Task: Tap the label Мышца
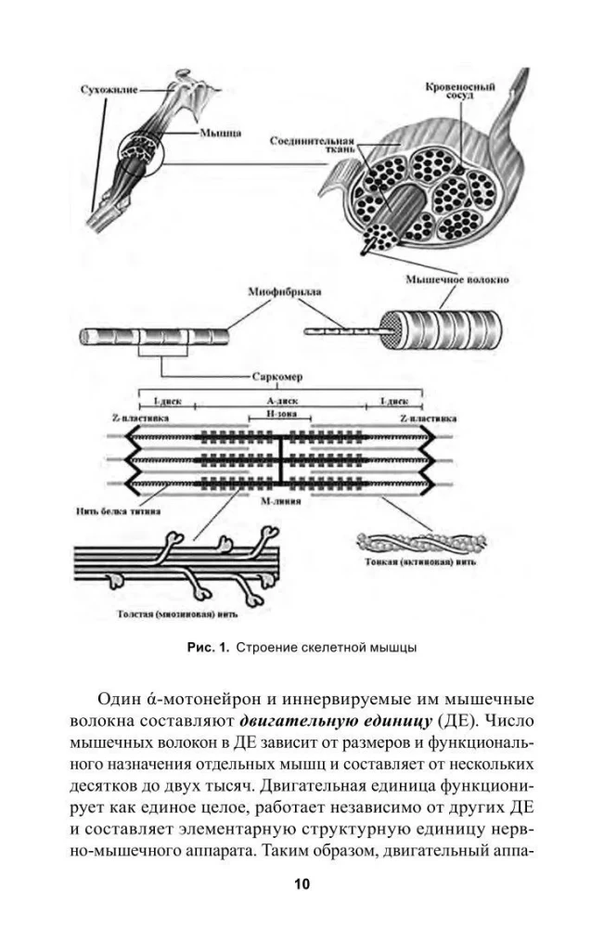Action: pyautogui.click(x=220, y=133)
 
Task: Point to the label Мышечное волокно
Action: pyautogui.click(x=455, y=278)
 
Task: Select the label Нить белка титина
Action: pyautogui.click(x=117, y=510)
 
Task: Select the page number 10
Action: pyautogui.click(x=302, y=883)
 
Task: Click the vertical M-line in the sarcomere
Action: pyautogui.click(x=281, y=458)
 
